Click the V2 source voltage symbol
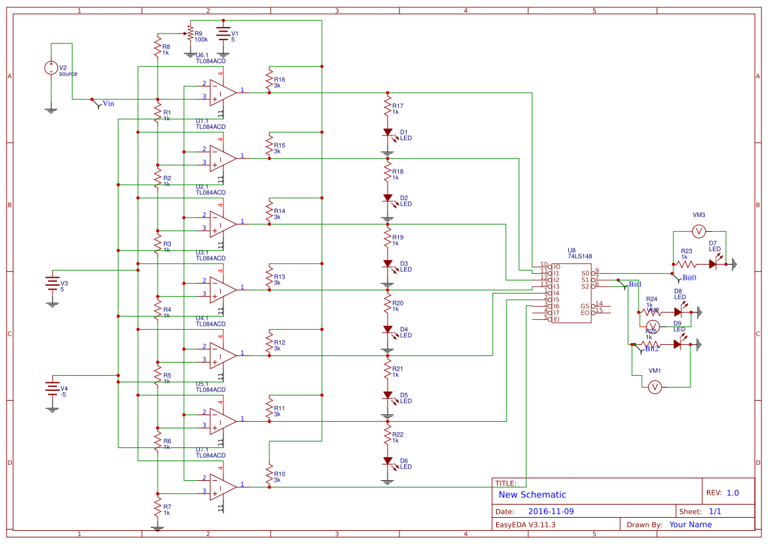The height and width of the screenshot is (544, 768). (51, 68)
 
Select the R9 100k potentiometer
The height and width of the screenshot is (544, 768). (190, 33)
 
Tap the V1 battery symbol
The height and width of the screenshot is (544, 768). (223, 34)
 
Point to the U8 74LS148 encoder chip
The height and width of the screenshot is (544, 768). (571, 293)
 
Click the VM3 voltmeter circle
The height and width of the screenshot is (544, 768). (699, 231)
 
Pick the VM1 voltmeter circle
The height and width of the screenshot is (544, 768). (654, 388)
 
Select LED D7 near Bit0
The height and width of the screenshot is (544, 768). (713, 264)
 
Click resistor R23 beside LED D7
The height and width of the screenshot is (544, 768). (686, 264)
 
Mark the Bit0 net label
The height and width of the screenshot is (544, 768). (689, 278)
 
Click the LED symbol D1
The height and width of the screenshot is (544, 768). (388, 132)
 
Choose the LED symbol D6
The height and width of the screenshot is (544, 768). (388, 461)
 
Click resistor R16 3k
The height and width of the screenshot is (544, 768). (269, 79)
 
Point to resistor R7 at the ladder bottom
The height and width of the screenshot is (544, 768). (158, 507)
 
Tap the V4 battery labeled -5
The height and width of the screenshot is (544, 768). (52, 388)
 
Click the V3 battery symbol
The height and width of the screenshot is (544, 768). (52, 284)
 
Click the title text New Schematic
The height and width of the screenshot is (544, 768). (532, 495)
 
